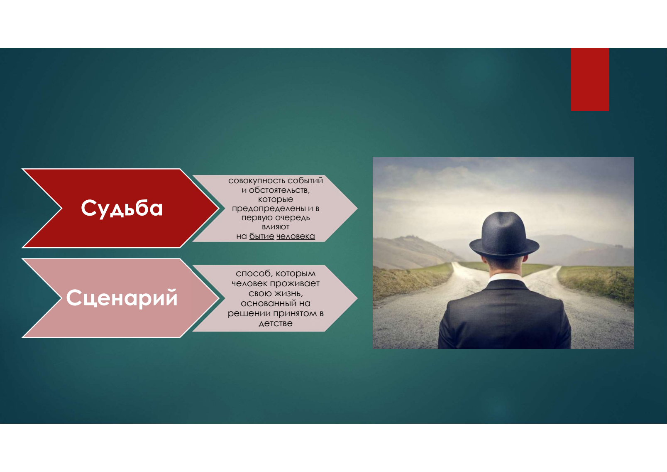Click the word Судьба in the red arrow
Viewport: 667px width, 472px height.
[x=122, y=209]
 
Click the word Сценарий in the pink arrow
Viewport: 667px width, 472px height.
[x=122, y=298]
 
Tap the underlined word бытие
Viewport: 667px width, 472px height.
[x=261, y=236]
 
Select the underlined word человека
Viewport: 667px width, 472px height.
[x=296, y=236]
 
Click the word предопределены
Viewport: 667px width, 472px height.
[x=269, y=209]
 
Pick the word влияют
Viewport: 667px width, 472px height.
[x=276, y=227]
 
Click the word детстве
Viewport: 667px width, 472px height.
[x=276, y=323]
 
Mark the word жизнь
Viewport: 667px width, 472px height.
[x=288, y=294]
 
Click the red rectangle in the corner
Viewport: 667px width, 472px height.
[x=590, y=79]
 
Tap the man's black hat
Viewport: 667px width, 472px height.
[x=504, y=234]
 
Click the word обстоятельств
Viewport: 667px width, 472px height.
[x=279, y=190]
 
